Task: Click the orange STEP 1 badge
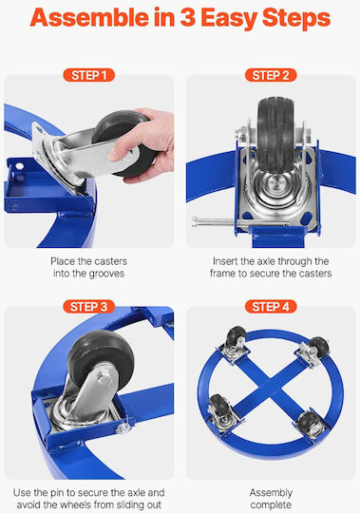(x=89, y=75)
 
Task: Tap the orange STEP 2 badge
(x=271, y=75)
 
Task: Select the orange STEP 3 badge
(x=89, y=307)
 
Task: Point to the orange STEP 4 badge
(x=271, y=307)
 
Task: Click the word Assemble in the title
(x=89, y=18)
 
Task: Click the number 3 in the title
(x=188, y=18)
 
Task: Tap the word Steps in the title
(x=296, y=19)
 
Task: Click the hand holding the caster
(x=143, y=144)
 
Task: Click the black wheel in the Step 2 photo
(x=275, y=133)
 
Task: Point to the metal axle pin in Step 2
(x=240, y=221)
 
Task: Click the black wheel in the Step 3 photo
(x=101, y=359)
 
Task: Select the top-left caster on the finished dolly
(x=236, y=344)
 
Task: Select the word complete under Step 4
(x=271, y=504)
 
